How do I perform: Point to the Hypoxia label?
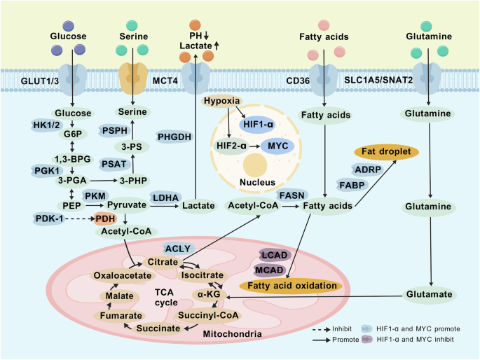(221, 102)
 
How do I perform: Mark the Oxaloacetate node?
(123, 276)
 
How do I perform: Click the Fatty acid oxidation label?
(289, 286)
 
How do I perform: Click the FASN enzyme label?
(290, 194)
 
